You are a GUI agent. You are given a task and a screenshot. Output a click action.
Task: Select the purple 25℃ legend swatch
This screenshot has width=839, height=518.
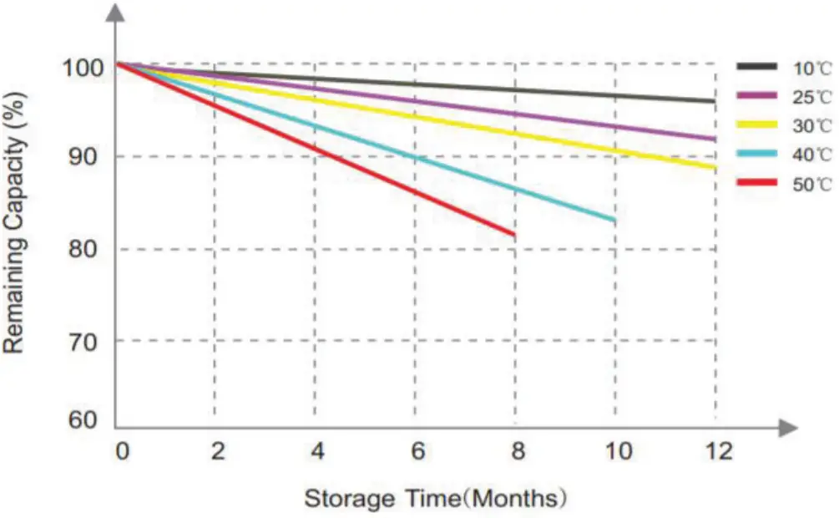[756, 96]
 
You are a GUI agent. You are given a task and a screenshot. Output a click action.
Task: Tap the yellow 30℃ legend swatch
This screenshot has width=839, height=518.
[756, 125]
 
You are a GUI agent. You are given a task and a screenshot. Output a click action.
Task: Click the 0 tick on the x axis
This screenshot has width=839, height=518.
[122, 452]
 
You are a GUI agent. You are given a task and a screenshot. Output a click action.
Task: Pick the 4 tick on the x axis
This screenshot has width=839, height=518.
[317, 452]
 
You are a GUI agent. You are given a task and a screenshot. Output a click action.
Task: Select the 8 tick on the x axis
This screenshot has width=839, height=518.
[518, 452]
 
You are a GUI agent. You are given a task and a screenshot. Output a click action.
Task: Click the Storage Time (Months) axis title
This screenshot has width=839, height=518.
[435, 499]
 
